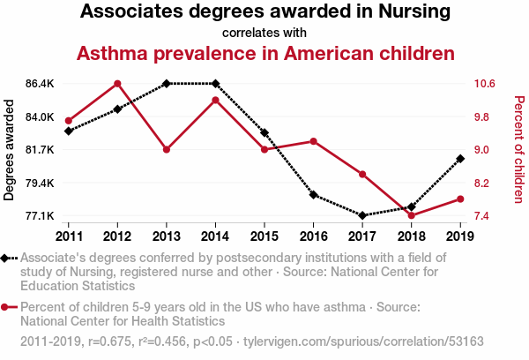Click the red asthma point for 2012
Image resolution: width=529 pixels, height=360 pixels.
pos(117,84)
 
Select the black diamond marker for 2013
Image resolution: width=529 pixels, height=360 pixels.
pos(167,84)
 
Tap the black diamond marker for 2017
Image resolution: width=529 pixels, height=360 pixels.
pos(362,215)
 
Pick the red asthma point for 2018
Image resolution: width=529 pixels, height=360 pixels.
pos(411,215)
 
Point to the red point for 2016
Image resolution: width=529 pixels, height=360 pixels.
pos(313,141)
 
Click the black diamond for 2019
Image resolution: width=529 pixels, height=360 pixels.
pos(460,159)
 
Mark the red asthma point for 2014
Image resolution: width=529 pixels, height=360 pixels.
pos(215,100)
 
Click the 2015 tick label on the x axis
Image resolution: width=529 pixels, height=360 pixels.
pos(264,236)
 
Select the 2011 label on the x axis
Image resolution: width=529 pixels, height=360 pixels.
pos(69,236)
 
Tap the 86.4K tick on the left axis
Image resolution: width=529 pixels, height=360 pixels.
pos(40,84)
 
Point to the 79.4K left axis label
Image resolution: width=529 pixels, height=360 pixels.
pos(40,183)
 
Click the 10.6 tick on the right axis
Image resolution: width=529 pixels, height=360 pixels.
pos(484,84)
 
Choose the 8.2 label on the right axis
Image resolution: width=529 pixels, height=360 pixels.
pos(481,183)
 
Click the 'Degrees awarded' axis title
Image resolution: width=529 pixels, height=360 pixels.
pos(9,150)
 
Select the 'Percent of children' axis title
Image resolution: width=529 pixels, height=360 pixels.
pos(519,150)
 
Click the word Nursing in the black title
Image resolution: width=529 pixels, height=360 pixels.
pos(414,11)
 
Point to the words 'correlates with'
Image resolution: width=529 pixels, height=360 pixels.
pos(264,33)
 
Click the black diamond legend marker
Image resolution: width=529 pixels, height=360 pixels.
pos(4,259)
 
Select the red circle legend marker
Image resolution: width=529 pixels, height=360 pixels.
pos(4,307)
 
